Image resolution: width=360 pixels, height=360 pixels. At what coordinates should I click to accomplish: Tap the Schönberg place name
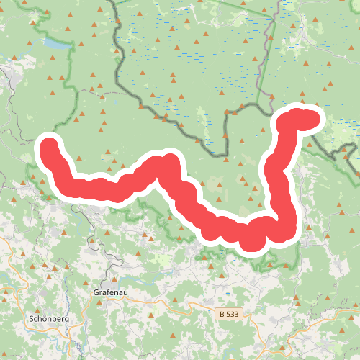coord(48,318)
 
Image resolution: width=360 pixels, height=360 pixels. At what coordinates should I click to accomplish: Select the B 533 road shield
coord(229,315)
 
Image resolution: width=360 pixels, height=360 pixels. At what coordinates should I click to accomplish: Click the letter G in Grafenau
coord(96,293)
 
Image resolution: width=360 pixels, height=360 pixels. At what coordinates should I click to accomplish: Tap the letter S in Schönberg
coord(30,318)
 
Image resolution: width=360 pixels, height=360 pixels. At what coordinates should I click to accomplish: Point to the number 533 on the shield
coord(232,315)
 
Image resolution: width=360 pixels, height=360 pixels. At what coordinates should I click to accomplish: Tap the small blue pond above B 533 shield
coord(228,297)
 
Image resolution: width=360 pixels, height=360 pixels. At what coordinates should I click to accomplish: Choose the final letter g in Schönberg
coord(66,318)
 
